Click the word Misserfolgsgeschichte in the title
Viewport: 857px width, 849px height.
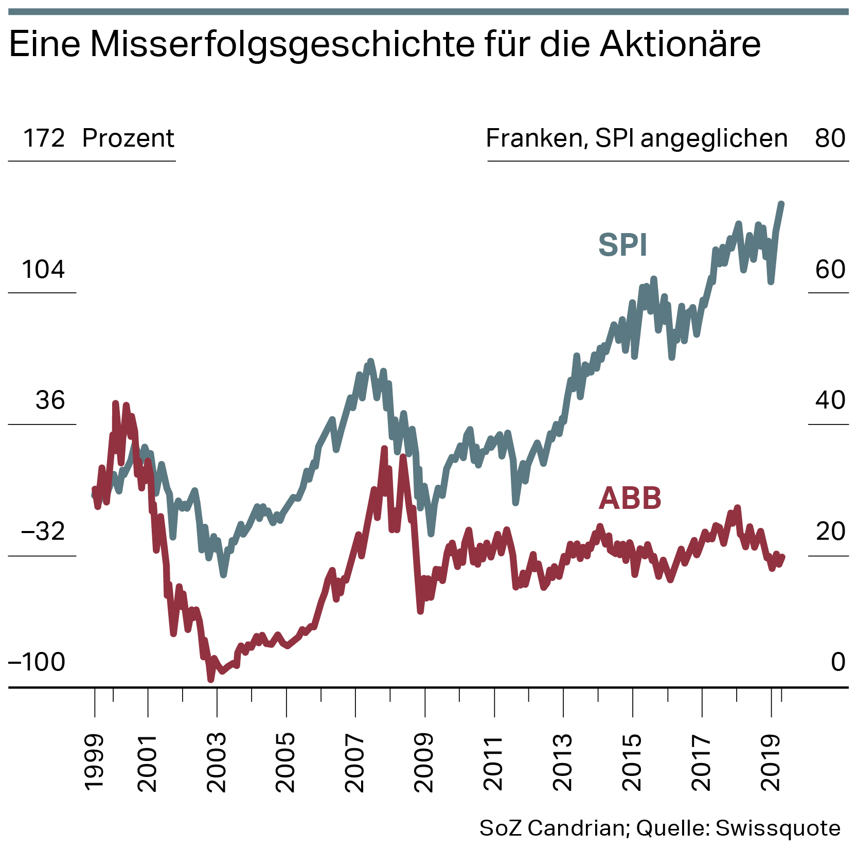282,45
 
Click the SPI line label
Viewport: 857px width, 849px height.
622,245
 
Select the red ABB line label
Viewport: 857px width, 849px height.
630,498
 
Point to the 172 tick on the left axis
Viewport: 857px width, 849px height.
44,138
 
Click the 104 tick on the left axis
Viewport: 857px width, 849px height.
43,270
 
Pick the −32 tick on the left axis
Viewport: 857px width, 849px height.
43,532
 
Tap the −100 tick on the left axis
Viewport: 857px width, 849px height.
37,663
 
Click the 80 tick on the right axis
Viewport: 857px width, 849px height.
830,138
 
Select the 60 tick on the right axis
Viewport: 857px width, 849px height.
830,270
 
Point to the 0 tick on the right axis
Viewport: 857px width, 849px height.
838,663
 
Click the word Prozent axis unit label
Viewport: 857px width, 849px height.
128,138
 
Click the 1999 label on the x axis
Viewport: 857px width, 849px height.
94,763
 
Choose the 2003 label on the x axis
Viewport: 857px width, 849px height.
217,763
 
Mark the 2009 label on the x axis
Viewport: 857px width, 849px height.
424,763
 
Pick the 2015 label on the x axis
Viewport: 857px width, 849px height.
632,763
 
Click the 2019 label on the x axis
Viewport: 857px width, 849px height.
771,763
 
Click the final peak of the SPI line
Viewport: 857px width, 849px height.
781,204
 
